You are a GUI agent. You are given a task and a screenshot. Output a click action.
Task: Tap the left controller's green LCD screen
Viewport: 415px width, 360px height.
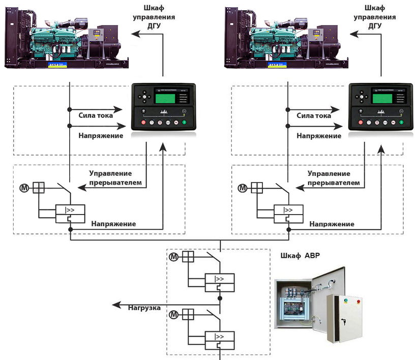pyautogui.click(x=163, y=97)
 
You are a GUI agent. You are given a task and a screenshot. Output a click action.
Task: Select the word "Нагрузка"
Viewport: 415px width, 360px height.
pyautogui.click(x=144, y=308)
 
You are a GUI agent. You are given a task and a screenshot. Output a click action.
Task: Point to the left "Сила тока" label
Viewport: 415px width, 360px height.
pyautogui.click(x=95, y=115)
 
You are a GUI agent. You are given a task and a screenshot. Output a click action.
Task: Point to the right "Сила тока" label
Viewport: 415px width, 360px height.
pyautogui.click(x=314, y=115)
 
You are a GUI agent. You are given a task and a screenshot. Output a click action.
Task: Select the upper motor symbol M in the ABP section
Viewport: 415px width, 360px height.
pyautogui.click(x=174, y=257)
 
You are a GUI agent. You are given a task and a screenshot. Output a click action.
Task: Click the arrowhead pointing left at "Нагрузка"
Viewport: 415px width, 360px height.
pyautogui.click(x=117, y=305)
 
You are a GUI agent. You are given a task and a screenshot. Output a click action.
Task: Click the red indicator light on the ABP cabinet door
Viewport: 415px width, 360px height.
pyautogui.click(x=359, y=301)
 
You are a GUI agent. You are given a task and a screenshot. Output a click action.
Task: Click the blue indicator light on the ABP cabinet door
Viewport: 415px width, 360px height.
pyautogui.click(x=345, y=301)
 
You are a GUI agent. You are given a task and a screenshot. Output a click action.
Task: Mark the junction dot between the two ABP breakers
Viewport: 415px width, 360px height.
pyautogui.click(x=220, y=298)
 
